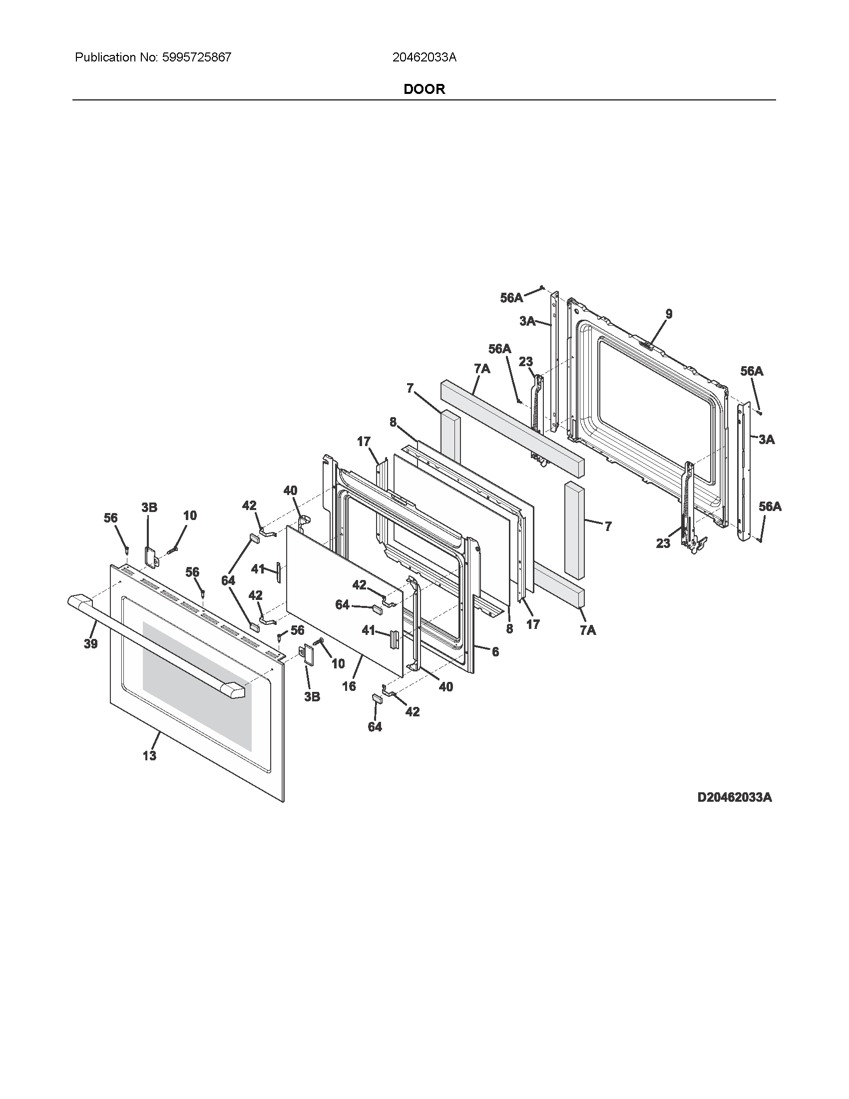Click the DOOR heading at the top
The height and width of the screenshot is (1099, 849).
point(424,89)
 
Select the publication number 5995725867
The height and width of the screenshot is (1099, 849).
point(197,57)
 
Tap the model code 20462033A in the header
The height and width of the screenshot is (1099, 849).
point(424,57)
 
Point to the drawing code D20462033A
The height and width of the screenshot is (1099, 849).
point(734,797)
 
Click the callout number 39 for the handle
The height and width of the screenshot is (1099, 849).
point(90,643)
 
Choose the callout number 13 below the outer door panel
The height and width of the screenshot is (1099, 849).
point(149,755)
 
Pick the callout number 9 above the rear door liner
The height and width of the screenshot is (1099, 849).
point(669,314)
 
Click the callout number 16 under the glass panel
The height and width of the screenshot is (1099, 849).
point(349,686)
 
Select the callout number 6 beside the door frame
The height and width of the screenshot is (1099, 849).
point(495,651)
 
